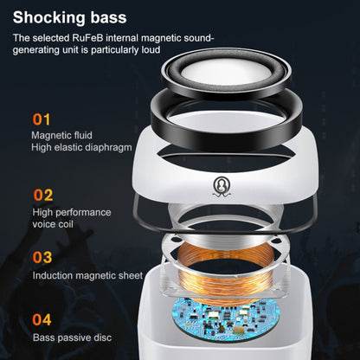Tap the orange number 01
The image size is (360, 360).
coord(42,118)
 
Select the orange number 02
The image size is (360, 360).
coord(43,195)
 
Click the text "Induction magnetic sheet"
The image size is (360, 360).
coord(87,275)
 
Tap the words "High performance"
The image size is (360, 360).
coord(72,212)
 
